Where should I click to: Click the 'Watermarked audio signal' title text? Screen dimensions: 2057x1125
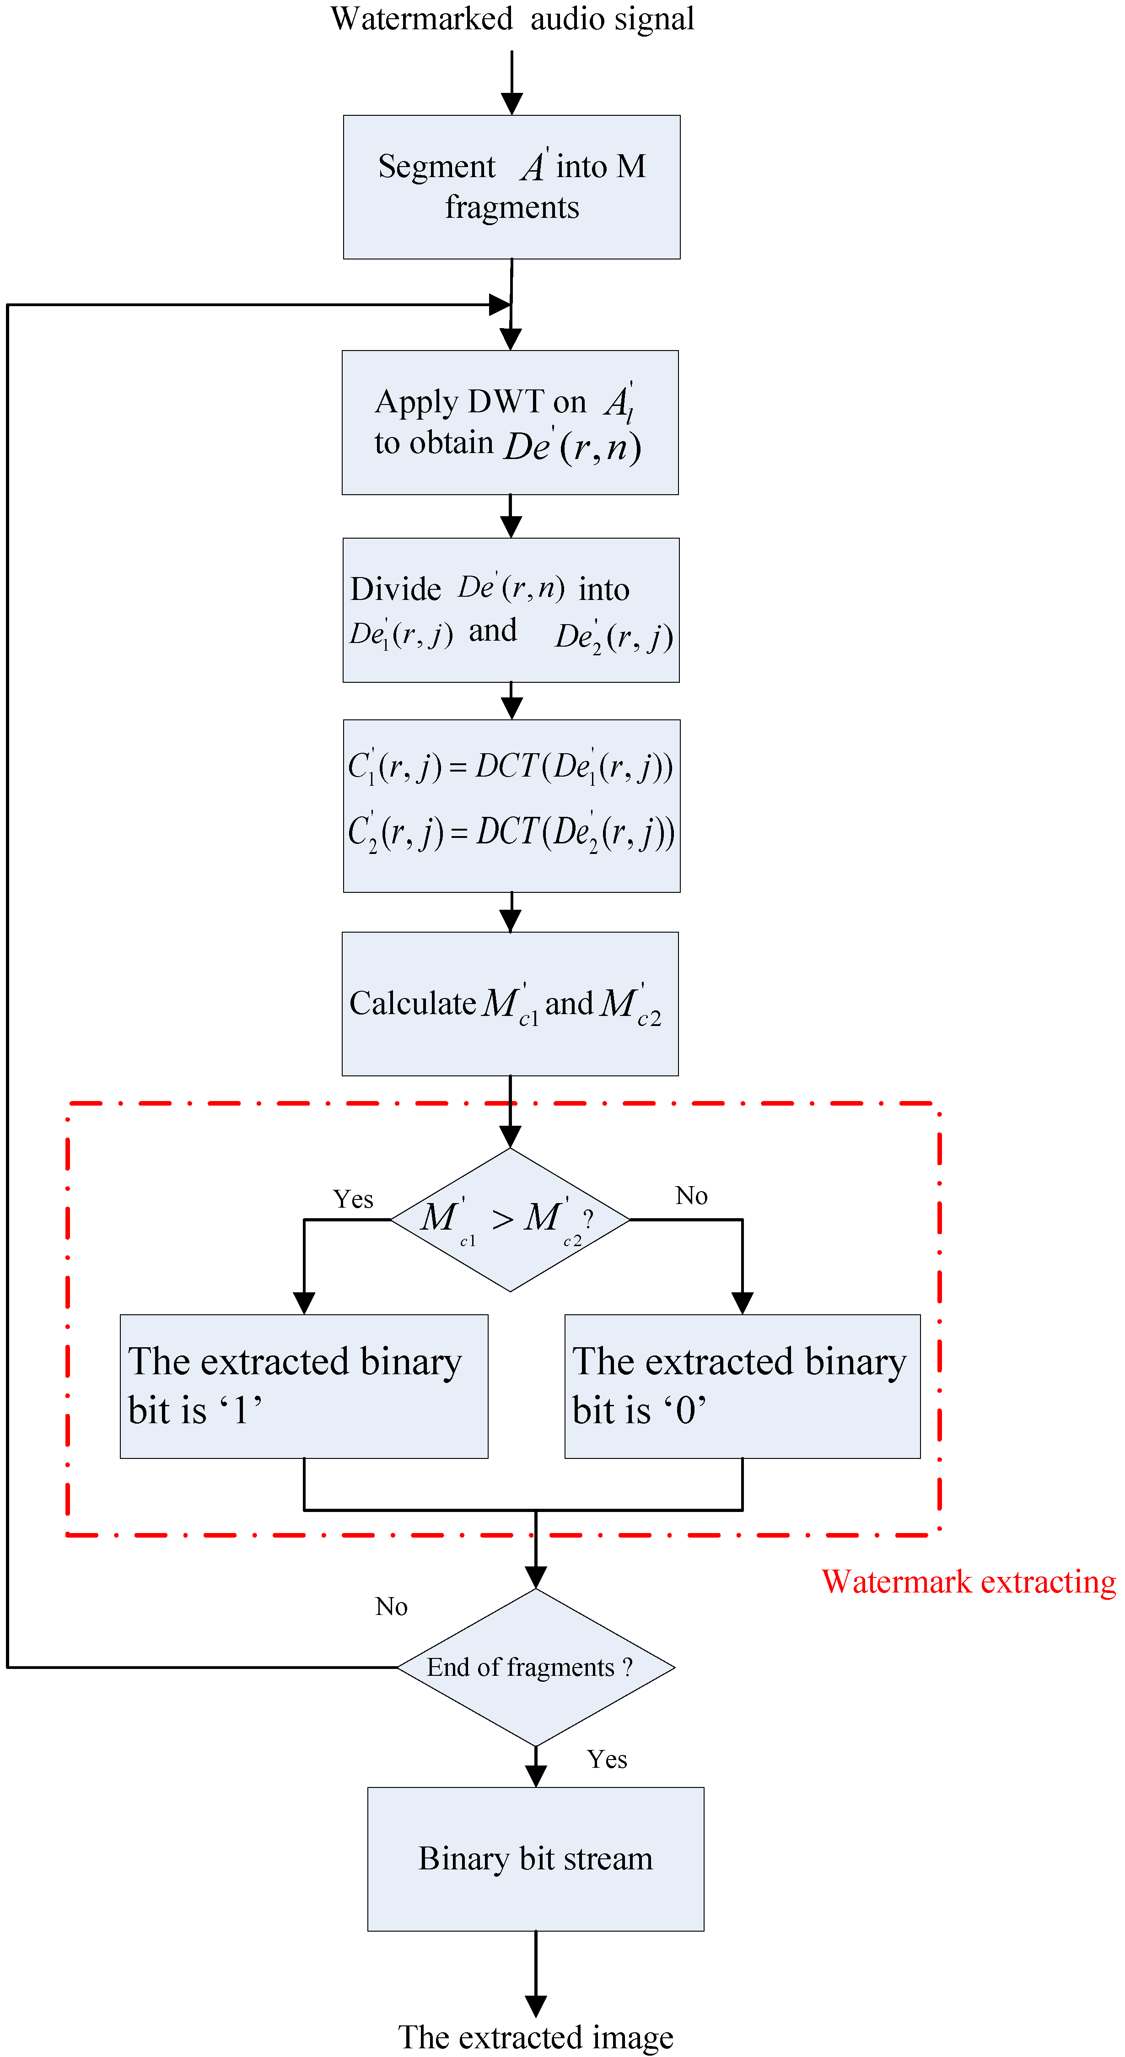[512, 19]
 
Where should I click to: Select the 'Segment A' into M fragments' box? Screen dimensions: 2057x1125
[512, 187]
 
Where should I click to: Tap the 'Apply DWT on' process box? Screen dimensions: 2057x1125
[510, 422]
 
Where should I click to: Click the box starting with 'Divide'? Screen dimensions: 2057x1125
[511, 610]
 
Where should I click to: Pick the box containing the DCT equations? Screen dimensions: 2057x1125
[512, 806]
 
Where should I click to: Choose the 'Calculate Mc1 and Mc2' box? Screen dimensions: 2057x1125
[510, 1004]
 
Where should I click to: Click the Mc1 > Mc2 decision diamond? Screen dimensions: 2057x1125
[510, 1220]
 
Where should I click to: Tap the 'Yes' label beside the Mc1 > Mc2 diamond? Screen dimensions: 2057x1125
[353, 1199]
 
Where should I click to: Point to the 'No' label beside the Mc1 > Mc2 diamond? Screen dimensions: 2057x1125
[691, 1195]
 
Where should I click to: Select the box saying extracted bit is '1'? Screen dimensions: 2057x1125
[304, 1386]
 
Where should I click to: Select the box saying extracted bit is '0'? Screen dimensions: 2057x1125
[743, 1386]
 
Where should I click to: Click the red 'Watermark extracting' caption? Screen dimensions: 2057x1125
[969, 1582]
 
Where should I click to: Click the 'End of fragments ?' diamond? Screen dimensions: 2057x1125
[536, 1667]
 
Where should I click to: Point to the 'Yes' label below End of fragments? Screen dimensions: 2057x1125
[607, 1759]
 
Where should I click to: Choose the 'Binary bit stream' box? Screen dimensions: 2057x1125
[536, 1859]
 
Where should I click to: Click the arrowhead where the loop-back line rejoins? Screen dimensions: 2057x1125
[500, 304]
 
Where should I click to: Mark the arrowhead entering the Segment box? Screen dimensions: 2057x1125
[512, 104]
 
